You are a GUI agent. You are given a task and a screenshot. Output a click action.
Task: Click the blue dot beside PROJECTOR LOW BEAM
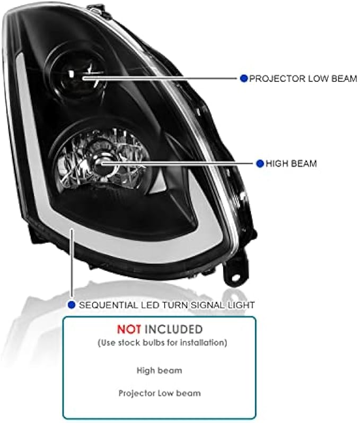coord(243,79)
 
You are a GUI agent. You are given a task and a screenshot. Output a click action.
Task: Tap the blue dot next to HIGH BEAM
coord(260,163)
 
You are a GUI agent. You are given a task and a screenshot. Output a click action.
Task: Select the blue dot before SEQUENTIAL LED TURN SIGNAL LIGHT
coord(72,305)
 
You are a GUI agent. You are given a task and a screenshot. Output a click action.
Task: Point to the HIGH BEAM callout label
coord(292,163)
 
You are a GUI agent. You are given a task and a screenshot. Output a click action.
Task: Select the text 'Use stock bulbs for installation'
coord(162,342)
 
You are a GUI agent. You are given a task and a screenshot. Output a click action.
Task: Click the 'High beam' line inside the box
coord(159,370)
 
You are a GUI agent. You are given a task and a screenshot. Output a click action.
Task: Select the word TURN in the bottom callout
coord(183,305)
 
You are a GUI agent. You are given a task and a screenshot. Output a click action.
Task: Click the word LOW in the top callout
coord(316,79)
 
